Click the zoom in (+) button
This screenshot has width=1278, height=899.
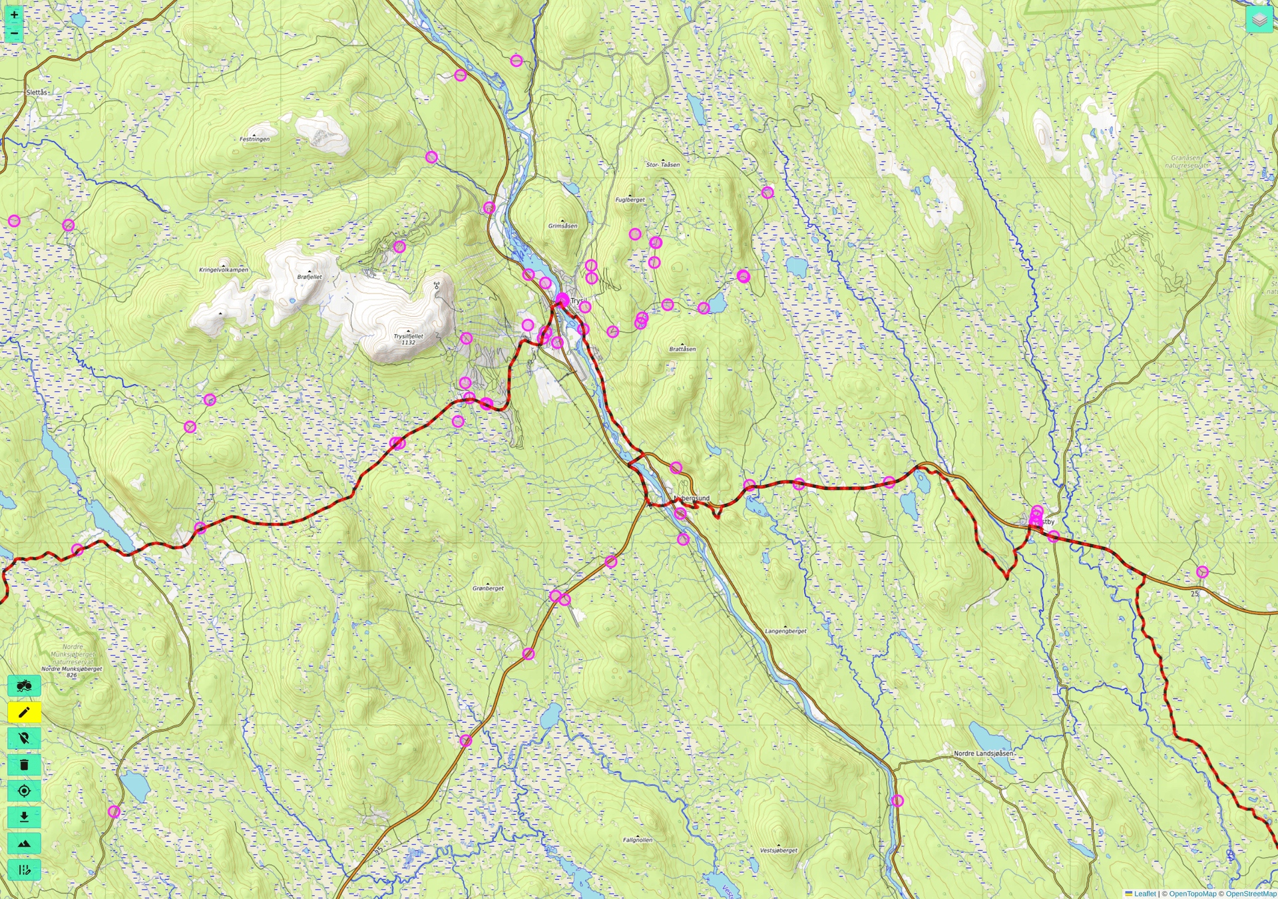click(x=14, y=15)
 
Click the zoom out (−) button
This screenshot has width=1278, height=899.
click(x=14, y=33)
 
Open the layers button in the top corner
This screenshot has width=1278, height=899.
click(x=1259, y=20)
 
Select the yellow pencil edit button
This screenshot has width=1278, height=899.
click(x=24, y=713)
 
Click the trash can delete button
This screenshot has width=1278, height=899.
click(x=24, y=765)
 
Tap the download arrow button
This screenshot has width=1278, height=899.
click(x=24, y=817)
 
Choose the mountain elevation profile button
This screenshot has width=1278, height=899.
click(x=24, y=844)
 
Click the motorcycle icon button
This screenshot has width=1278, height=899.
click(x=24, y=685)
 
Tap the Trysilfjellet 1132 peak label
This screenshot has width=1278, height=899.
click(x=408, y=339)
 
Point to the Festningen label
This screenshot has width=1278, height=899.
click(x=254, y=139)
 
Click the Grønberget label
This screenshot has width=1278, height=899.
click(x=488, y=588)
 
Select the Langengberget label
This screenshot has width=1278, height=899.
click(x=785, y=631)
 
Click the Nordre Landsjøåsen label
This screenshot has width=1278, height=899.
click(x=983, y=753)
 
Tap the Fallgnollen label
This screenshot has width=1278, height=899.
click(x=637, y=840)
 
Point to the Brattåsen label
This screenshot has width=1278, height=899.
click(x=682, y=349)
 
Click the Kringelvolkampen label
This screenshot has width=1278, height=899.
click(x=224, y=270)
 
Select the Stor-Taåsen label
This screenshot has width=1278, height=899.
click(x=663, y=164)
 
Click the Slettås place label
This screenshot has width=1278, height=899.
click(x=37, y=92)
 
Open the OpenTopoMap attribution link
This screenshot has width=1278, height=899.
click(x=1192, y=894)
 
